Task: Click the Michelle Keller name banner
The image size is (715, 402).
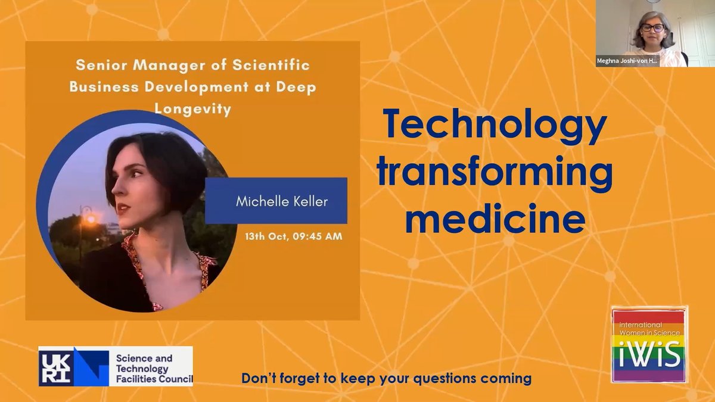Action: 276,201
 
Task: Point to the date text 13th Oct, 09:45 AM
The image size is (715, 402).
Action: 294,236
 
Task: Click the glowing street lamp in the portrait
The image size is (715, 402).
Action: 90,219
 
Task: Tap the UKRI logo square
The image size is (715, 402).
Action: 57,366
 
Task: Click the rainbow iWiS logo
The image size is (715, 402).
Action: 649,345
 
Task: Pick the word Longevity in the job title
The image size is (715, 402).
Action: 192,110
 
